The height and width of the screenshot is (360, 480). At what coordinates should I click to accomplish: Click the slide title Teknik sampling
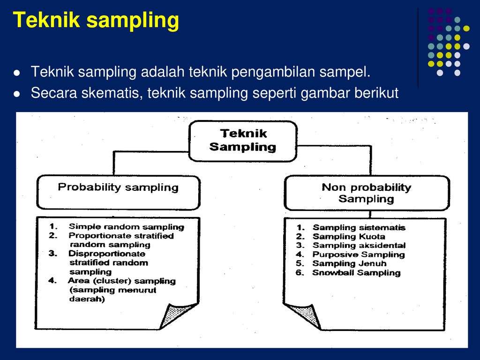[96, 21]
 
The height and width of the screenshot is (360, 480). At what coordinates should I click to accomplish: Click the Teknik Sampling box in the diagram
[242, 140]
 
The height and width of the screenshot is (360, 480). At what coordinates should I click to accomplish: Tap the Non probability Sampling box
[366, 193]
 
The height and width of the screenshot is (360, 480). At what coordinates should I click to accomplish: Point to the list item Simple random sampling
[126, 227]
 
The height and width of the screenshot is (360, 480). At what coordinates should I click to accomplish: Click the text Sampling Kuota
[349, 237]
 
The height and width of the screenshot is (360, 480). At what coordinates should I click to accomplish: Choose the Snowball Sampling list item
[356, 273]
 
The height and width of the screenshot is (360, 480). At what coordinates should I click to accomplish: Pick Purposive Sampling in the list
[358, 255]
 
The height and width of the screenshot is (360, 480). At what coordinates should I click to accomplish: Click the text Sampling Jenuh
[349, 263]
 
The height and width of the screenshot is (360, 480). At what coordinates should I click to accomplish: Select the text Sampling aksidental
[359, 246]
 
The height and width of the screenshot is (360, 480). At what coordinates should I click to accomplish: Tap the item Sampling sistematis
[359, 228]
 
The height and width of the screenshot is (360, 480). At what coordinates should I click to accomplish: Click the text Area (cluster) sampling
[122, 281]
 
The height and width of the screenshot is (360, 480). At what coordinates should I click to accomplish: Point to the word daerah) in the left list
[87, 299]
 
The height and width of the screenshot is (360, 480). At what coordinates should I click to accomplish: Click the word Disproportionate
[107, 254]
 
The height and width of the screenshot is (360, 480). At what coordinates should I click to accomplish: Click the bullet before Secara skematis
[17, 94]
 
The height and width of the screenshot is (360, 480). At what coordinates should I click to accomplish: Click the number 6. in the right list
[300, 273]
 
